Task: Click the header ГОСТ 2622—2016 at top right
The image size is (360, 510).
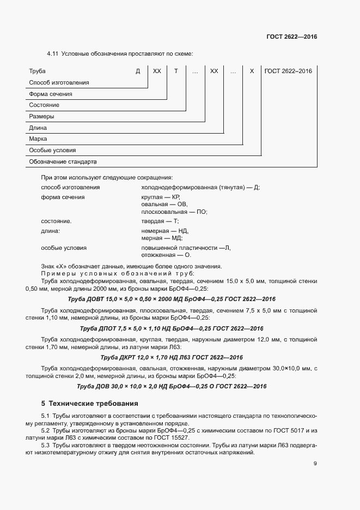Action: pyautogui.click(x=291, y=37)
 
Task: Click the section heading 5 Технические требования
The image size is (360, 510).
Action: pyautogui.click(x=90, y=404)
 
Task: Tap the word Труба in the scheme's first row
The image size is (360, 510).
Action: pyautogui.click(x=38, y=71)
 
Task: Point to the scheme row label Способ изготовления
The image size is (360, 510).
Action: pyautogui.click(x=59, y=83)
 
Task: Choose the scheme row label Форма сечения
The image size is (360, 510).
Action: pyautogui.click(x=51, y=94)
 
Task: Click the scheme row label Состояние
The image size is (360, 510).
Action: pyautogui.click(x=44, y=105)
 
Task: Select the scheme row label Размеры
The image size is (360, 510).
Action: pyautogui.click(x=41, y=117)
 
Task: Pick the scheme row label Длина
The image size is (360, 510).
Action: pyautogui.click(x=38, y=128)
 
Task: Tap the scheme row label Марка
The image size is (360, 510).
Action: pyautogui.click(x=38, y=139)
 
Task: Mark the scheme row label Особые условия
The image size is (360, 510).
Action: pyautogui.click(x=52, y=151)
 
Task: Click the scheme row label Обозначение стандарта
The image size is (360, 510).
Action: pyautogui.click(x=63, y=162)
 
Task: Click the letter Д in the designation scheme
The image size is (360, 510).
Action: pyautogui.click(x=138, y=71)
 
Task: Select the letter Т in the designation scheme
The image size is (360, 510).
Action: pyautogui.click(x=176, y=71)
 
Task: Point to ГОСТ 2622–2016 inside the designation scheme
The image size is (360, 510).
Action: pyautogui.click(x=288, y=71)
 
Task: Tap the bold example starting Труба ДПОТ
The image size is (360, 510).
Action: pyautogui.click(x=172, y=328)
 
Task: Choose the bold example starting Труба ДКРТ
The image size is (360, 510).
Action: pyautogui.click(x=172, y=357)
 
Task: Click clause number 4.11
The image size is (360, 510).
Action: pyautogui.click(x=52, y=53)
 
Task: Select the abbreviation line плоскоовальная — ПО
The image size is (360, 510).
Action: pyautogui.click(x=174, y=212)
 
